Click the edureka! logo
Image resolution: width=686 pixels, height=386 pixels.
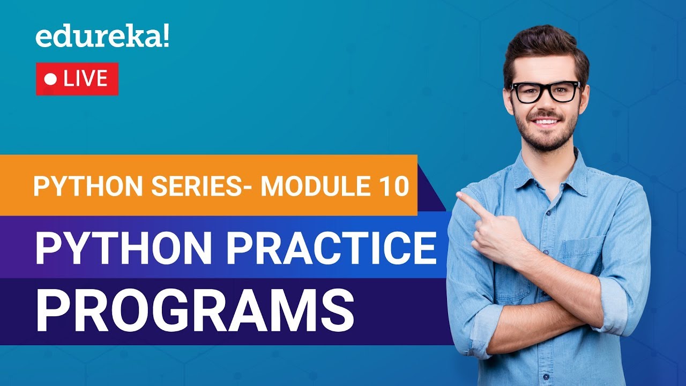pos(102,38)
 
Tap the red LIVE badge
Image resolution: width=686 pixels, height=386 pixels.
pos(77,79)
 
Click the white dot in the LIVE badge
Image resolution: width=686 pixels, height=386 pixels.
pos(51,79)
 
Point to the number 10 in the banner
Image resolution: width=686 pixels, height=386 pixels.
pos(391,185)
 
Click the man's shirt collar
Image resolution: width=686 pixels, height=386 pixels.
pos(563,172)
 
